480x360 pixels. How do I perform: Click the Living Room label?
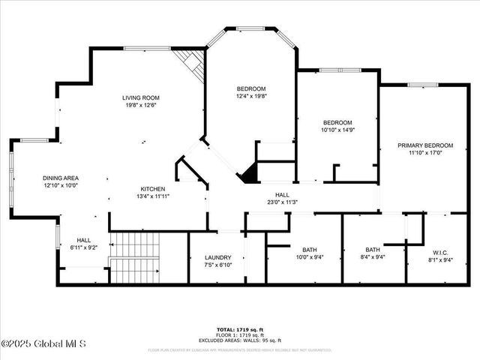(141, 97)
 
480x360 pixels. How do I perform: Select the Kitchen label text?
(153, 188)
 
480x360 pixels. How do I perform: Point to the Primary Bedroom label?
(425, 145)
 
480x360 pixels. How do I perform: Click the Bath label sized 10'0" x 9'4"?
(310, 250)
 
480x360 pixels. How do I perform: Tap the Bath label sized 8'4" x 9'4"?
(373, 250)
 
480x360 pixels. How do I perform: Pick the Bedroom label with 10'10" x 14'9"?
(337, 122)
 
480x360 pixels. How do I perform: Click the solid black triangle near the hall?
(247, 175)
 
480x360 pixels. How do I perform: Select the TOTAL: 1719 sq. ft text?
(240, 330)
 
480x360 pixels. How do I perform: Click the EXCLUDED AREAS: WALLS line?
(240, 340)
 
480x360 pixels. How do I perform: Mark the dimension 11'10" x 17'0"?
(425, 153)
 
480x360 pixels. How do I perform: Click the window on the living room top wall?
(146, 49)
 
